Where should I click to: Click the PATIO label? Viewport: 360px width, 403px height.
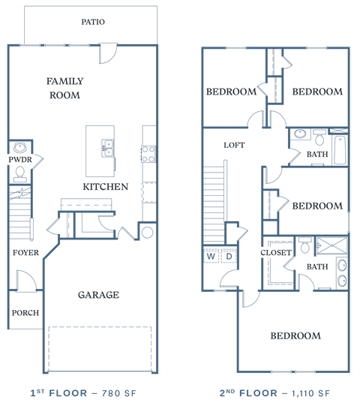coord(94,22)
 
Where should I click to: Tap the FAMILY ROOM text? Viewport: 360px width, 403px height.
coord(64,88)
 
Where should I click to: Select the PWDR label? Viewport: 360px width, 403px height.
coord(19,160)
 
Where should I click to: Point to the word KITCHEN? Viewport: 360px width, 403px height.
coord(105,187)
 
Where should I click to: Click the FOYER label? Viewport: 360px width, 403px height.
coord(25,253)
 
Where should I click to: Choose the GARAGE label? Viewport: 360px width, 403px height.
coord(98,295)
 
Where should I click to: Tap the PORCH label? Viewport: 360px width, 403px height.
coord(25,313)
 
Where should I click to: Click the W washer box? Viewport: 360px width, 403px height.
coord(211,257)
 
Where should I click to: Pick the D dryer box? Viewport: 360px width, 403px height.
coord(229,257)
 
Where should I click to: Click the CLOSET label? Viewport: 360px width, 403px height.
coord(276,253)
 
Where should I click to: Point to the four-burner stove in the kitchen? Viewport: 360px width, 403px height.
coord(148,154)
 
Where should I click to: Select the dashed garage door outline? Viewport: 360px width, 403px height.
coord(100,349)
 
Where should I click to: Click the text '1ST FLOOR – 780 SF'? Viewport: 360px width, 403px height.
coord(82,393)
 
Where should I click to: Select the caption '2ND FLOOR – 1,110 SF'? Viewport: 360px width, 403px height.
coord(274,393)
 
